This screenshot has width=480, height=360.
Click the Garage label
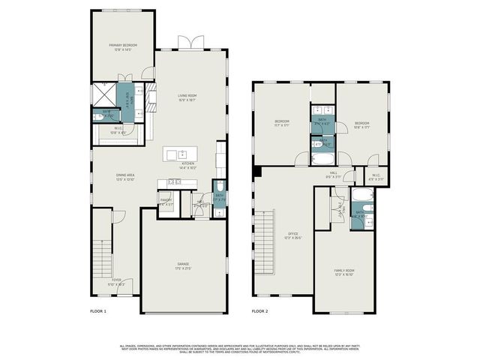184,265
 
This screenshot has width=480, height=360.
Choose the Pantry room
166,201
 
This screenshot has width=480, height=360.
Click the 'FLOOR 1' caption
98,310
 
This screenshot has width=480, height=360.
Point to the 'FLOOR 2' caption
259,310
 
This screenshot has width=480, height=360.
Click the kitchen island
184,155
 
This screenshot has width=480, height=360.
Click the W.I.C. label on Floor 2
377,178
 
